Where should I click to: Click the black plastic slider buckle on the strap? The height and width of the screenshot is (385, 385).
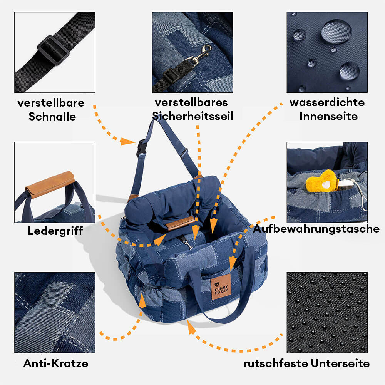pos(53,50)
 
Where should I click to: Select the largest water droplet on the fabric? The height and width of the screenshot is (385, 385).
pos(336,31)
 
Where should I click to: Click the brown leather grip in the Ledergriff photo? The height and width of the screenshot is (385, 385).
pos(50,184)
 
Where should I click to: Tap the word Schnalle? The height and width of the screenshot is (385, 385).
pos(52,117)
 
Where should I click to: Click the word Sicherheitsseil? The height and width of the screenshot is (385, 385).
pos(192,116)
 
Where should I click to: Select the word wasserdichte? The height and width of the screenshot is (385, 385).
pos(327,103)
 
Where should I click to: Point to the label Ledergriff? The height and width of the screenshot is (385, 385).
pos(55,231)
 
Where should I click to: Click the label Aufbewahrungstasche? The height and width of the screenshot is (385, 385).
pos(316,229)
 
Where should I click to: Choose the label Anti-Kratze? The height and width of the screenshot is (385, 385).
pos(55,363)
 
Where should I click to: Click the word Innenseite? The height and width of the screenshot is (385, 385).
pos(328,116)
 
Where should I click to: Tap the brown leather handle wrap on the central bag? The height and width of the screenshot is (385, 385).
pos(180,223)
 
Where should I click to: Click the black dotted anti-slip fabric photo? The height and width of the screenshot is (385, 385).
pos(327,312)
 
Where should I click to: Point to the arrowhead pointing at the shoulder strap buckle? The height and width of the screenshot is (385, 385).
pos(127,141)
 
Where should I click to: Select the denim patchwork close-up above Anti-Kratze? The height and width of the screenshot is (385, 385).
pos(55,312)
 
